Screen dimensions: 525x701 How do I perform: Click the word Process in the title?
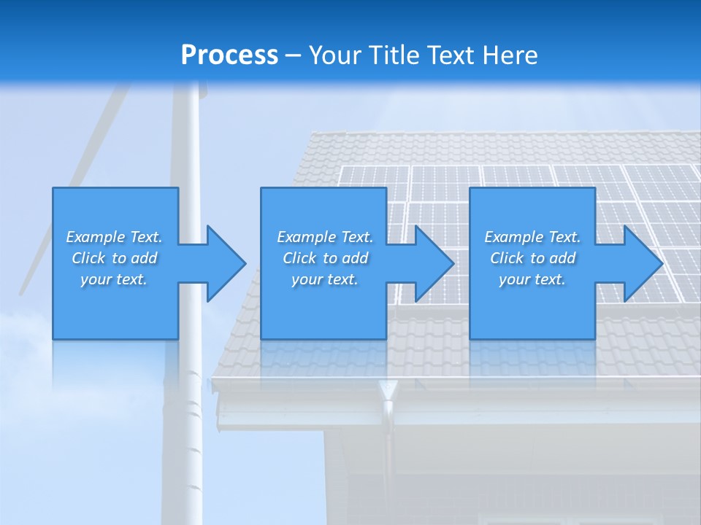229,55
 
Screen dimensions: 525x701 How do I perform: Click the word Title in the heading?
395,55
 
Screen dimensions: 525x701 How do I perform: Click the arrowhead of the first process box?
225,263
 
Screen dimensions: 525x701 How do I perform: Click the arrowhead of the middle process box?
433,263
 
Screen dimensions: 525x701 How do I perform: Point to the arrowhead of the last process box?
642,263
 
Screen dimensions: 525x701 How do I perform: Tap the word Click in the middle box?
299,258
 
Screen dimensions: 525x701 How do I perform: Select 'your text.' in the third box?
532,279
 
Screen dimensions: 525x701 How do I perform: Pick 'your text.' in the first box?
114,279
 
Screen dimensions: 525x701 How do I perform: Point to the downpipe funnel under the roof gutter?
387,391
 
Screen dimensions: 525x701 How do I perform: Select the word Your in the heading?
337,55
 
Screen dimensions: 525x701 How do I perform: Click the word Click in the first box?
88,258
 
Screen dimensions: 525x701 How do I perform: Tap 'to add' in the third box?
553,258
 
